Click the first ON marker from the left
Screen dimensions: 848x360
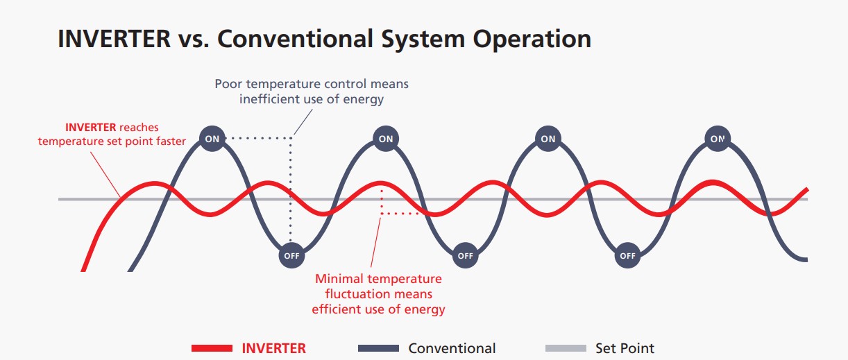coord(212,139)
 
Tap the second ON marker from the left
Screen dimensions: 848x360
coord(386,139)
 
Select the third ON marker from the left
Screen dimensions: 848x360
coord(548,139)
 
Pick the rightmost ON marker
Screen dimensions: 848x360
coord(718,139)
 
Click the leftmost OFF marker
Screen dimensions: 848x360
coord(291,255)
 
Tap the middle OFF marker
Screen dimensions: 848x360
coord(465,255)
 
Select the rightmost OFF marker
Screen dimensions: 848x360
coord(627,255)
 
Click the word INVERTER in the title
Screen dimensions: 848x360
coord(114,39)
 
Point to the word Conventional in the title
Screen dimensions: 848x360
coord(296,39)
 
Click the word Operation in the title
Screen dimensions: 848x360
coord(532,40)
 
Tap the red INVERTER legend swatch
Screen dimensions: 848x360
coord(212,348)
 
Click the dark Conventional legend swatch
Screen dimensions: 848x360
coord(379,348)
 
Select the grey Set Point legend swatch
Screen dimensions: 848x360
coord(566,348)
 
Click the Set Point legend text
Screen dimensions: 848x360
coord(625,348)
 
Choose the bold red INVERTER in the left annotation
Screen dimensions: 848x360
coord(90,127)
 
